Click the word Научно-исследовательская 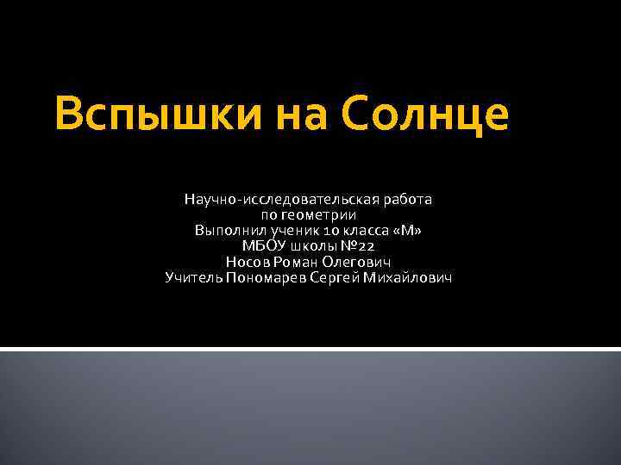(x=271, y=200)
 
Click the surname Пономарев (x=264, y=277)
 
